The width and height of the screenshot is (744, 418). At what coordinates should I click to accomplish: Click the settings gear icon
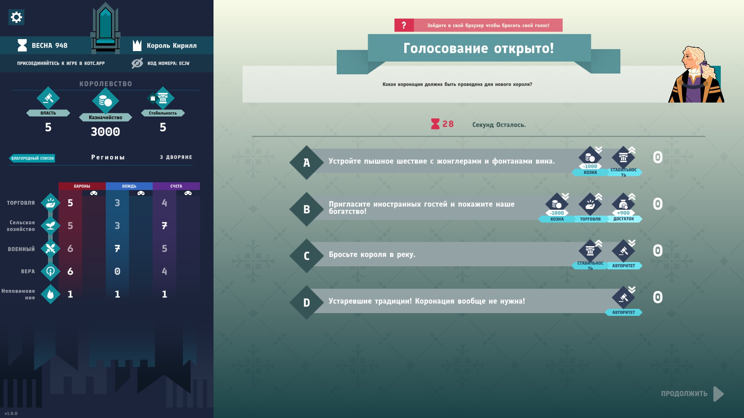[16, 17]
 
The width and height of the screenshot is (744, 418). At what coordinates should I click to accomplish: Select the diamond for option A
[307, 163]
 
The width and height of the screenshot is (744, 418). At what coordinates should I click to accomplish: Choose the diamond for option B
[307, 209]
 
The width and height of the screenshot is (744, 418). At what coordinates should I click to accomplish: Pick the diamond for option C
[307, 256]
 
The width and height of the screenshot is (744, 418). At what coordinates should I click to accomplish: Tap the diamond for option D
[307, 303]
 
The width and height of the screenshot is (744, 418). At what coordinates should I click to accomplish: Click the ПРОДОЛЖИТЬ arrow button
[718, 394]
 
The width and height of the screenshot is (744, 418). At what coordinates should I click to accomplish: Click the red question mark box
[404, 25]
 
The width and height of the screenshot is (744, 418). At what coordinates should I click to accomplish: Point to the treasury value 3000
[105, 132]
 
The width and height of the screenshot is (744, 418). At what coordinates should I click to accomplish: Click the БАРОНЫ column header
[82, 186]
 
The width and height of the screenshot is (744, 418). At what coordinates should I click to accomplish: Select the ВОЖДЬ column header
[129, 186]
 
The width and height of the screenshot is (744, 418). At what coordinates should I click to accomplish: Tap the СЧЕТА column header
[176, 186]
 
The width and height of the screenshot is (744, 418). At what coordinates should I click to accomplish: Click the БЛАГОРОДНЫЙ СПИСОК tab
[32, 158]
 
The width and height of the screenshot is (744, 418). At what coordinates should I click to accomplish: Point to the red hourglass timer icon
[435, 124]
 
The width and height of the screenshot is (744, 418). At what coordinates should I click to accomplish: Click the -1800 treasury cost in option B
[557, 213]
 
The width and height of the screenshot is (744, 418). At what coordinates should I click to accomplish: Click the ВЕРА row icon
[50, 271]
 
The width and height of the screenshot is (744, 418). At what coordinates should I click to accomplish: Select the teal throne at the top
[105, 28]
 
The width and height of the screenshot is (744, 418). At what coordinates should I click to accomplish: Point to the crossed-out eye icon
[137, 63]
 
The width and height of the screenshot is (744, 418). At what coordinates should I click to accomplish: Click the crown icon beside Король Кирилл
[137, 45]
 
